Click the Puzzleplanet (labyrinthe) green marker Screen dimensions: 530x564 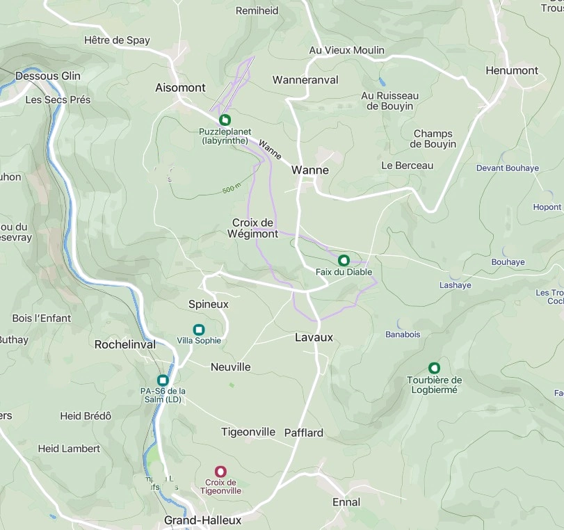coord(225,120)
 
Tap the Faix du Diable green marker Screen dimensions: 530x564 coord(344,260)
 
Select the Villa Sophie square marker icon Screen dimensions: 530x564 coord(199,329)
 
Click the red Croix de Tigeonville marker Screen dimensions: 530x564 coord(221,472)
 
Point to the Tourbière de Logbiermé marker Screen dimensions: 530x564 coord(435,368)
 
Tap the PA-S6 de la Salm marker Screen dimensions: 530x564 coord(163,380)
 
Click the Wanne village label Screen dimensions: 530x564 coord(310,170)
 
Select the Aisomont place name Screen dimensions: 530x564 coord(180,88)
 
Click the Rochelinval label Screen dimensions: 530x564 coord(125,344)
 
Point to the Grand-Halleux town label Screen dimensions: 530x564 coord(202,520)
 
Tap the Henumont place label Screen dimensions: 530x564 coord(512,70)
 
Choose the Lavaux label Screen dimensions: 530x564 coord(314,337)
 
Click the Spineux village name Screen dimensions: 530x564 coord(209,304)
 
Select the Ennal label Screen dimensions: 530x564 coord(346,502)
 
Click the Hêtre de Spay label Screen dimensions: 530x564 coord(117,40)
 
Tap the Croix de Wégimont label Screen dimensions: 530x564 coord(255,228)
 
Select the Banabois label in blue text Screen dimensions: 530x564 coord(403,335)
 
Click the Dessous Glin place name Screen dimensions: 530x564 coord(48,76)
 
